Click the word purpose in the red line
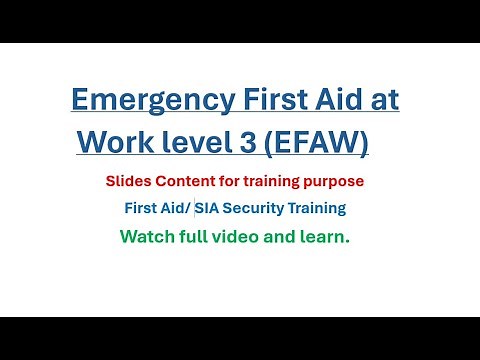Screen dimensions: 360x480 pos(333,182)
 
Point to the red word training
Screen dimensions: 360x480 pos(272,182)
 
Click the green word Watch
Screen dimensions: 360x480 pos(144,237)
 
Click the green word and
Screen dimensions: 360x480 pos(279,237)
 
